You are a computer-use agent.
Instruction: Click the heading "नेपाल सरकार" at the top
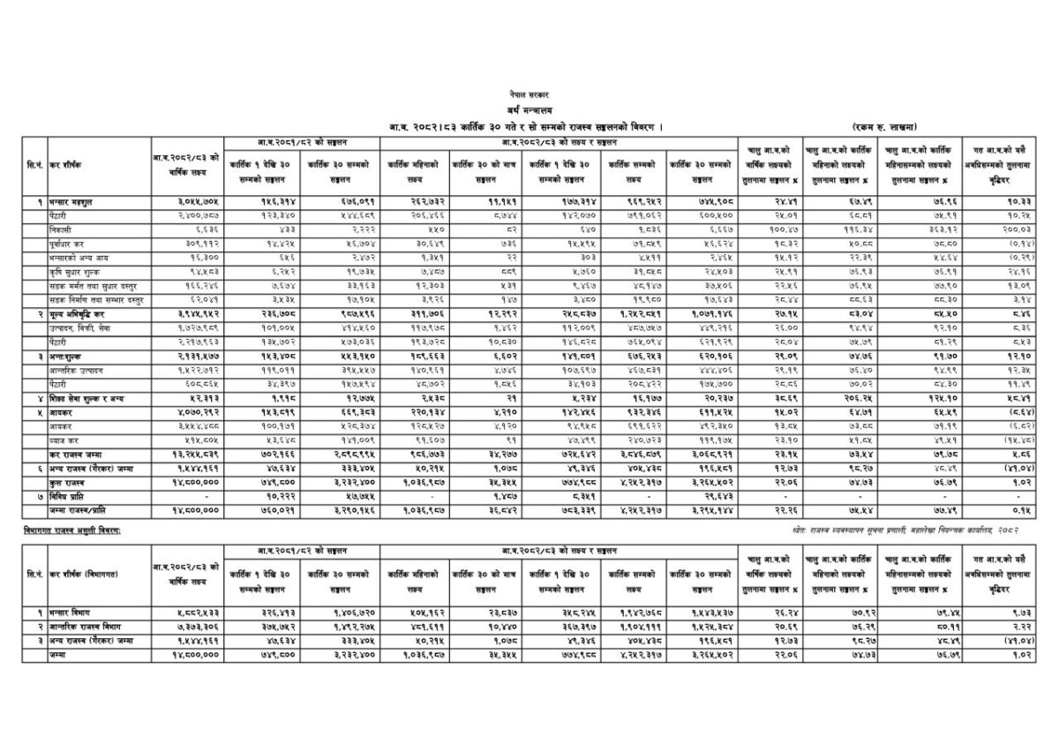529,93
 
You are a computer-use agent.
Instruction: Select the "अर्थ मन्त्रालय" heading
528,109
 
